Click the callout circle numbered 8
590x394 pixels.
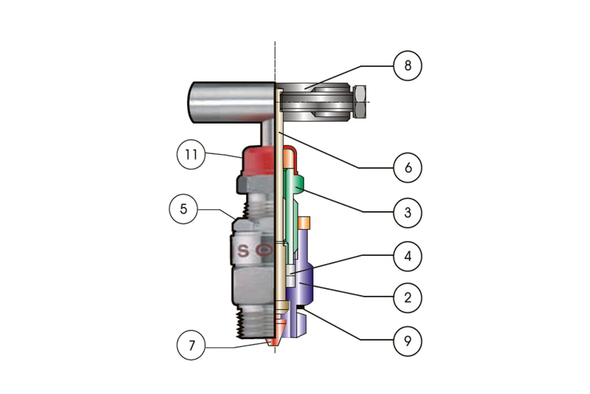408,66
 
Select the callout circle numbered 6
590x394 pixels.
408,168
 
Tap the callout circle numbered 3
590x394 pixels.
408,212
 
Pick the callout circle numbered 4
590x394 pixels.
408,256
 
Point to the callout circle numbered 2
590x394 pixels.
408,297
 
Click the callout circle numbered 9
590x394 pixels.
408,341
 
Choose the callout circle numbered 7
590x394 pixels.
191,346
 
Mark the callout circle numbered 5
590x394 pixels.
184,209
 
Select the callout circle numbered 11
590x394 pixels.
191,155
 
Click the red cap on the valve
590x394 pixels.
257,162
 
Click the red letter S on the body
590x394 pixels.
243,251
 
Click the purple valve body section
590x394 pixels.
303,285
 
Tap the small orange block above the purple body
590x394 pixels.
304,222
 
